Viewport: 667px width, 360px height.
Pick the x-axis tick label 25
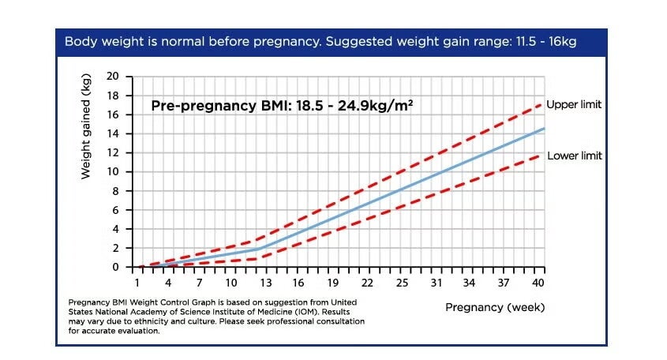pyautogui.click(x=402, y=283)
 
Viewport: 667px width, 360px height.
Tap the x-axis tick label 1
pyautogui.click(x=137, y=283)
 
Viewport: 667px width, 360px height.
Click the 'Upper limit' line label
pyautogui.click(x=574, y=105)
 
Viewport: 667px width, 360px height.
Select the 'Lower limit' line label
pyautogui.click(x=574, y=156)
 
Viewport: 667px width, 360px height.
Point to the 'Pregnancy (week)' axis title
pyautogui.click(x=495, y=306)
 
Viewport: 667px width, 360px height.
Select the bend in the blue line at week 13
pyautogui.click(x=260, y=248)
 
